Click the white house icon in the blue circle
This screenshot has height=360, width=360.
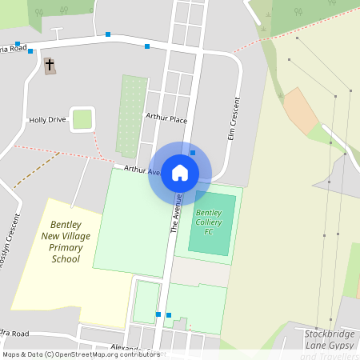(x=180, y=172)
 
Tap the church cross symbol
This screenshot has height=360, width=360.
(x=50, y=64)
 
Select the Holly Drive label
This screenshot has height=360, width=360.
(x=47, y=120)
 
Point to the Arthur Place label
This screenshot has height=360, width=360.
(x=166, y=118)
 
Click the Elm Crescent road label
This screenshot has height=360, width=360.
(x=235, y=120)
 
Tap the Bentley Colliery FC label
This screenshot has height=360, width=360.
(x=209, y=222)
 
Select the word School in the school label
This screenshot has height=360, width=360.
(x=66, y=259)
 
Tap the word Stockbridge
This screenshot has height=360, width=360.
(x=329, y=333)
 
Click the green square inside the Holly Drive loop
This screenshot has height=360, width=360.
(x=82, y=119)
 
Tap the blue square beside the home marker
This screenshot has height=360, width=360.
(x=193, y=153)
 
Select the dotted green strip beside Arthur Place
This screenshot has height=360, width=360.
(x=131, y=116)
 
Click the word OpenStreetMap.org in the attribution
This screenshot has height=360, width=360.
(x=88, y=354)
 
